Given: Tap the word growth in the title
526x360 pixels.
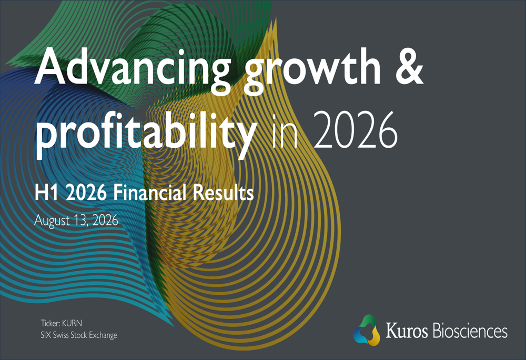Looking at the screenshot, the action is coord(312,71).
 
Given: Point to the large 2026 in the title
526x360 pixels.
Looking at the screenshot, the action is coord(356,130).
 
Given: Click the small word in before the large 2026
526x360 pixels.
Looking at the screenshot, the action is coord(285,131).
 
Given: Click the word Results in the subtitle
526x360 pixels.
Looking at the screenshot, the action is coord(223,193).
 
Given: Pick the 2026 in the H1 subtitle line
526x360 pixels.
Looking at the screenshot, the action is coord(86,193).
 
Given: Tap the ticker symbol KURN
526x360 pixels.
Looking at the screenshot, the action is coord(72,323).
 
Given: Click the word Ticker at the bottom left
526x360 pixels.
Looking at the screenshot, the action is coord(50,323).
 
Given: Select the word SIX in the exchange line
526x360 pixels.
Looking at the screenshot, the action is coord(46,335).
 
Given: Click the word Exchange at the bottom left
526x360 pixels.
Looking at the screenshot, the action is coord(103,335).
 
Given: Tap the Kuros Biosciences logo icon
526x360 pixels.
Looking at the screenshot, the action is coord(367,330).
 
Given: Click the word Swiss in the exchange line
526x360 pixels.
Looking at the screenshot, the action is coord(60,335).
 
